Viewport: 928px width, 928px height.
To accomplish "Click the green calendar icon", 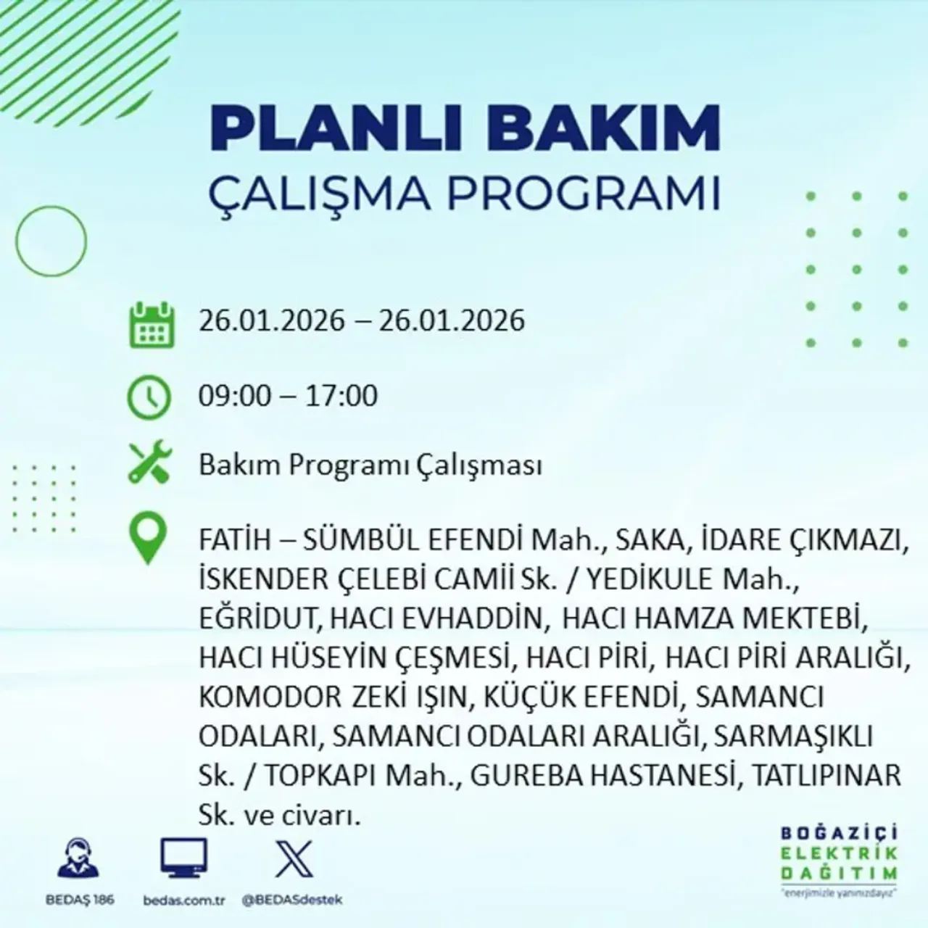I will (152, 324).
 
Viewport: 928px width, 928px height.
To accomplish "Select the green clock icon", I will (149, 397).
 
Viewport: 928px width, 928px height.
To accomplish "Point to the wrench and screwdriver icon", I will (149, 464).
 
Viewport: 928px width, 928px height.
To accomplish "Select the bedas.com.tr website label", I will (185, 900).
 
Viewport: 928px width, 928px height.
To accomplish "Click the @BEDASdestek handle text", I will (292, 900).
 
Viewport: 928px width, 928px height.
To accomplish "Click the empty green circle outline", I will (51, 240).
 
